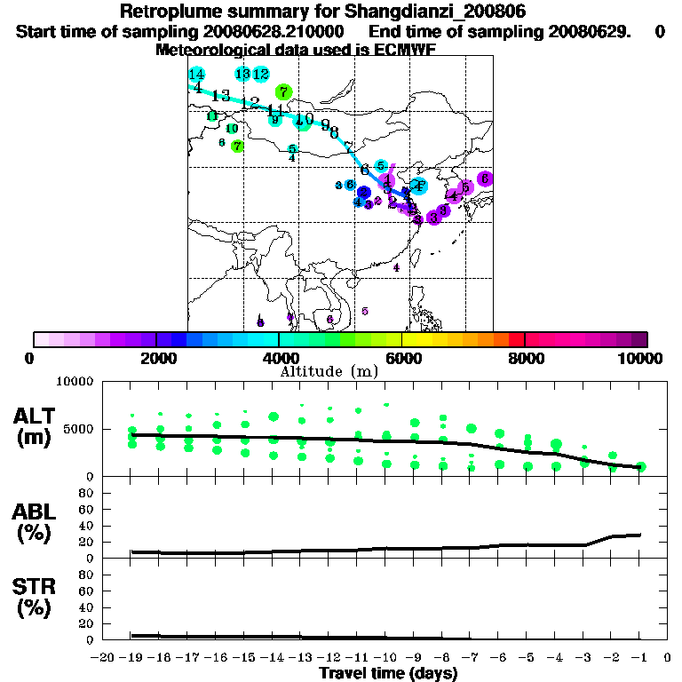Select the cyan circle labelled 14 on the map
tap(197, 75)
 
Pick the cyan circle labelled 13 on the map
tap(242, 75)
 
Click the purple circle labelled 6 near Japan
tap(485, 179)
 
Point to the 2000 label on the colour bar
tap(156, 358)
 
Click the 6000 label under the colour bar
tap(401, 358)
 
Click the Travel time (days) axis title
tap(388, 674)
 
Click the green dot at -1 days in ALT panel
tap(641, 466)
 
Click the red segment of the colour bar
tap(516, 339)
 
